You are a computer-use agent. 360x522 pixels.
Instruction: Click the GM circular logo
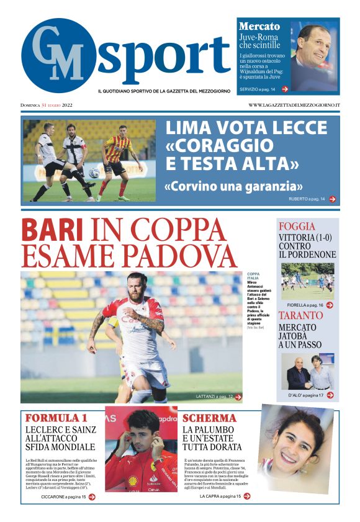(x=58, y=55)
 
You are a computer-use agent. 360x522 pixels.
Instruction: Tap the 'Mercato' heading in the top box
(x=259, y=27)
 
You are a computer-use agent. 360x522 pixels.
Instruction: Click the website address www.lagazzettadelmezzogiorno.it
(x=294, y=105)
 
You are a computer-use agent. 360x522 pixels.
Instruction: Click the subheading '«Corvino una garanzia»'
(x=233, y=186)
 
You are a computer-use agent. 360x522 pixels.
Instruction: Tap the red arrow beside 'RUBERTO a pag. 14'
(x=333, y=199)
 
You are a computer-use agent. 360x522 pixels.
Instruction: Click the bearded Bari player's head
(x=136, y=287)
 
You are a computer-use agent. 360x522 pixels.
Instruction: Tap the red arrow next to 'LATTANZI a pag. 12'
(x=238, y=396)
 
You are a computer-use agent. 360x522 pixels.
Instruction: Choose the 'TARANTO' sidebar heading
(x=301, y=315)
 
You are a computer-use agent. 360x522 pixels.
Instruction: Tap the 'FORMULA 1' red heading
(x=56, y=418)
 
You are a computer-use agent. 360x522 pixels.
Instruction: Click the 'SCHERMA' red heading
(x=209, y=418)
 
